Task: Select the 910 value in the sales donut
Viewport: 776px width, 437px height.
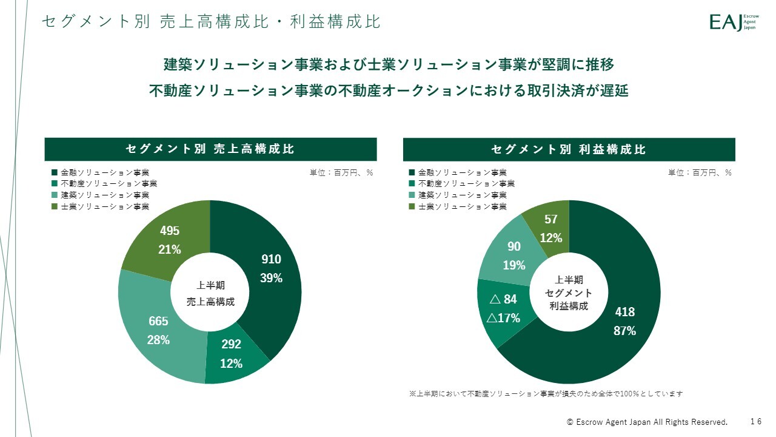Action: coord(271,259)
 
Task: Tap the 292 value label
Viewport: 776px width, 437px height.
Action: coord(231,344)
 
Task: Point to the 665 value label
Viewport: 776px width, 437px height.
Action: coord(159,321)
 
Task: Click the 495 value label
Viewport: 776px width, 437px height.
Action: coord(170,231)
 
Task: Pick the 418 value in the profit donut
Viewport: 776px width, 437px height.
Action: coord(625,312)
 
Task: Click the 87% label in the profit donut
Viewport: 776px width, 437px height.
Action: coord(625,331)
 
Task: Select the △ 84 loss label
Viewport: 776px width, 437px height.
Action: coord(503,299)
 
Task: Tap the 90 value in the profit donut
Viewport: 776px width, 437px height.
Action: coord(514,246)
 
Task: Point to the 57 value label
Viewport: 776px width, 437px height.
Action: coord(551,219)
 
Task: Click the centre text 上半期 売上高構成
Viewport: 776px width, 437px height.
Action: coord(210,293)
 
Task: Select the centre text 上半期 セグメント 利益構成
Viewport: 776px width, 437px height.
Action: coord(569,293)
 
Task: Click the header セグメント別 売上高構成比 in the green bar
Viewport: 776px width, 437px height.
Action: coord(210,149)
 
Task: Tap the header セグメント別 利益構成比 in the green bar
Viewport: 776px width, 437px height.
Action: coord(569,149)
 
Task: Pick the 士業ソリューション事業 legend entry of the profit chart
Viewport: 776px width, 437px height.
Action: coord(462,206)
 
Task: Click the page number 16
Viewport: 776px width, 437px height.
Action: coord(755,421)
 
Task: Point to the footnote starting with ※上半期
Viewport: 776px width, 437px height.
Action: coord(546,394)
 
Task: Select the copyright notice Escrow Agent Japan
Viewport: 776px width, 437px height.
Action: coord(647,422)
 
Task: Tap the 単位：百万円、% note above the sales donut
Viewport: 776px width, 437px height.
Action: coord(341,172)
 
